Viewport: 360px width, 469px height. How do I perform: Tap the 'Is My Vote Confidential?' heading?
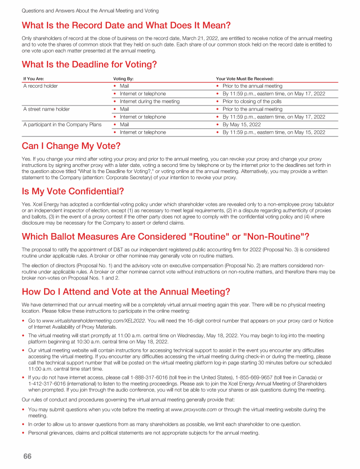pos(73,191)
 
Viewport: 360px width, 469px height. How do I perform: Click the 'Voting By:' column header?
pos(124,79)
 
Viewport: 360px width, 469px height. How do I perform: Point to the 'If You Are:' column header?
pos(34,79)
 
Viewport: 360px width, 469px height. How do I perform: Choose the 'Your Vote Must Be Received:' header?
pos(245,79)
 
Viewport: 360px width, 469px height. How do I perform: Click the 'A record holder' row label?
pos(40,86)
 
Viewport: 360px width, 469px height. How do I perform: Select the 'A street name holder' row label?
pos(46,109)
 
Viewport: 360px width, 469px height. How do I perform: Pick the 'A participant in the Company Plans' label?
pos(62,125)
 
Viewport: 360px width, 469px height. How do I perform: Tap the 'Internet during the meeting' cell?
pos(150,101)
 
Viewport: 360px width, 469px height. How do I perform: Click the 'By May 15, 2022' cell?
pos(242,125)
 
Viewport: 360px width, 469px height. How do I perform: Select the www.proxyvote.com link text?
pos(194,409)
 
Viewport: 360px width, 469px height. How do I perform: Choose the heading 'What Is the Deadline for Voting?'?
pos(89,64)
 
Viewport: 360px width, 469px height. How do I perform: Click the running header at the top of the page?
pos(90,10)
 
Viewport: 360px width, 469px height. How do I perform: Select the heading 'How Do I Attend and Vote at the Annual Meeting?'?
pos(126,292)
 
